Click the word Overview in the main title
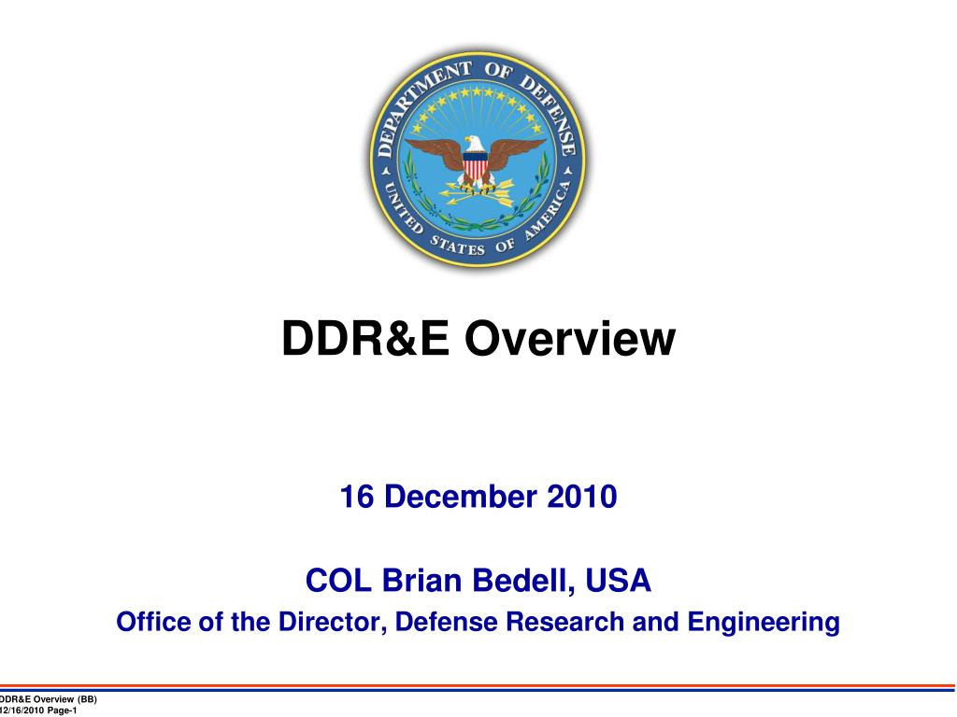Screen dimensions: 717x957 pyautogui.click(x=570, y=339)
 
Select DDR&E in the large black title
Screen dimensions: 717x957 pyautogui.click(x=366, y=339)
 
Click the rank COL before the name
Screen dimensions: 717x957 pyautogui.click(x=337, y=582)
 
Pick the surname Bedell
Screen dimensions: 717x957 pyautogui.click(x=523, y=582)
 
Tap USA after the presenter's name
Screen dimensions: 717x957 pyautogui.click(x=618, y=582)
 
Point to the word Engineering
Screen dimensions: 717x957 pyautogui.click(x=763, y=621)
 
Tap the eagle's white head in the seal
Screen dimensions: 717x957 pyautogui.click(x=476, y=143)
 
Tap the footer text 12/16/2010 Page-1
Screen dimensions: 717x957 pyautogui.click(x=39, y=711)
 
